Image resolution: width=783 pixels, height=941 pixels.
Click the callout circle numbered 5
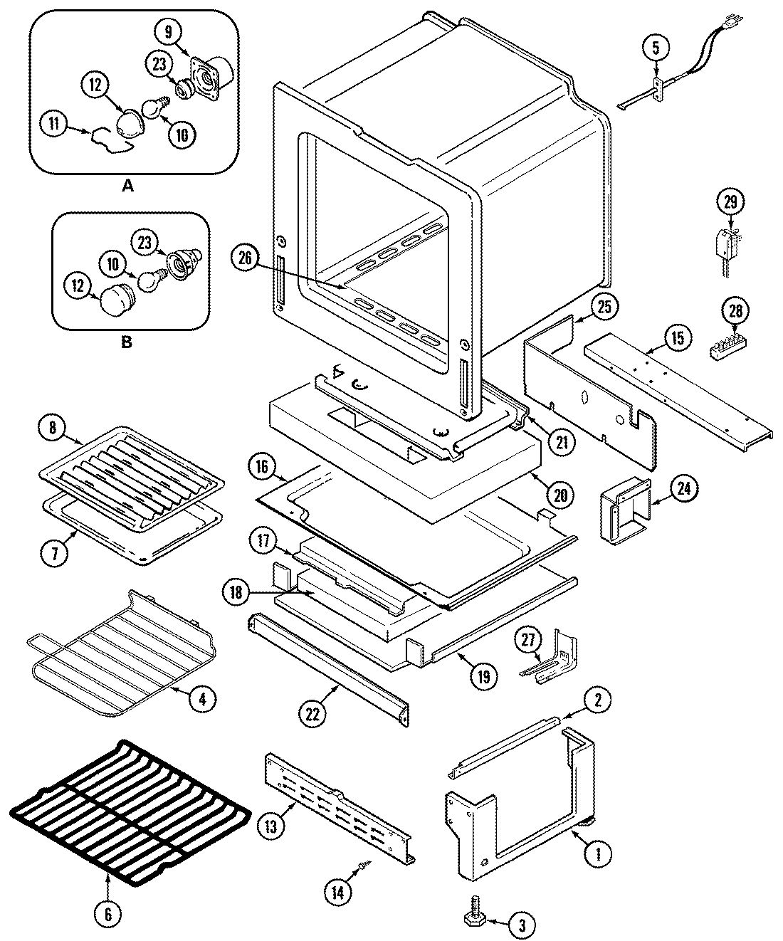pyautogui.click(x=656, y=48)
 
